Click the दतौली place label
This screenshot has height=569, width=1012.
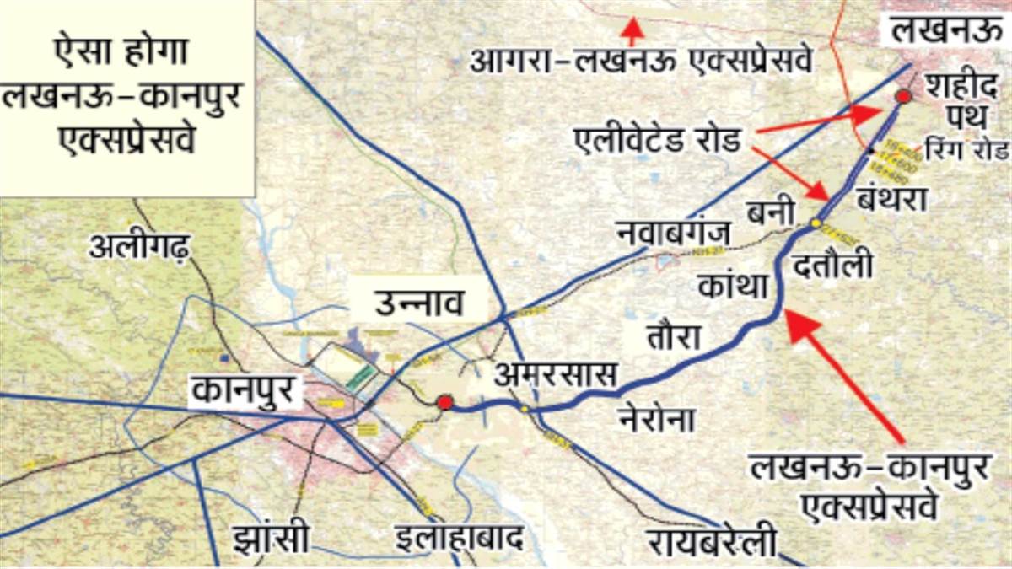tap(832, 266)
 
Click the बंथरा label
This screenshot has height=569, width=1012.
tap(891, 200)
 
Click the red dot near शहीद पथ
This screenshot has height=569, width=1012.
tap(902, 96)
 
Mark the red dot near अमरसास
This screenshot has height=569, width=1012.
tap(444, 403)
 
